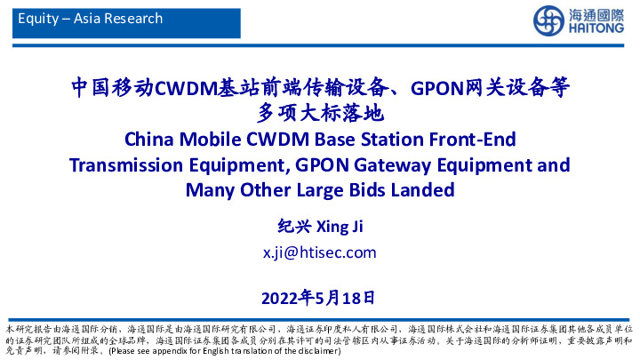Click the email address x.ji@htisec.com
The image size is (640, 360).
319,252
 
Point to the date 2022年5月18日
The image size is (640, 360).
319,295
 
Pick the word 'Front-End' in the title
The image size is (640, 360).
476,140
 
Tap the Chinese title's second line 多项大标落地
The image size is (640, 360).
319,113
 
